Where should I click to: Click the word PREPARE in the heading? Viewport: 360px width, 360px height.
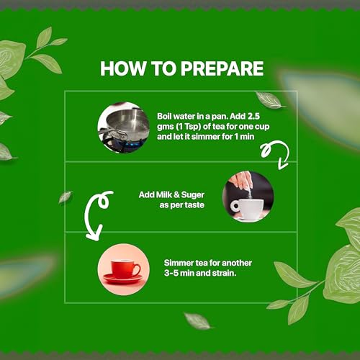[222, 68]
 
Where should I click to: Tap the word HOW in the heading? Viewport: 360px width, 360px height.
[123, 68]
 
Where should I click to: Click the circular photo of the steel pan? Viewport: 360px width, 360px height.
[124, 127]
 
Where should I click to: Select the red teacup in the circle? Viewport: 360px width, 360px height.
[125, 269]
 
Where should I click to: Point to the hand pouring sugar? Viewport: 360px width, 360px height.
[240, 181]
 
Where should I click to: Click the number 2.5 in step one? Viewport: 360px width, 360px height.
[253, 117]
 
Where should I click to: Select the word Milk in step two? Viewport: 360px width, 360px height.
[163, 194]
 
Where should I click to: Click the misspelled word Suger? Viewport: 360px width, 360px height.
[193, 195]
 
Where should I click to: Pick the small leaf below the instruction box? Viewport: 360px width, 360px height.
[197, 320]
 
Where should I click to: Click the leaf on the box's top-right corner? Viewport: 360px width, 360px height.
[269, 100]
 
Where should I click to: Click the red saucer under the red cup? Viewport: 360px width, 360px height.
[122, 279]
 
